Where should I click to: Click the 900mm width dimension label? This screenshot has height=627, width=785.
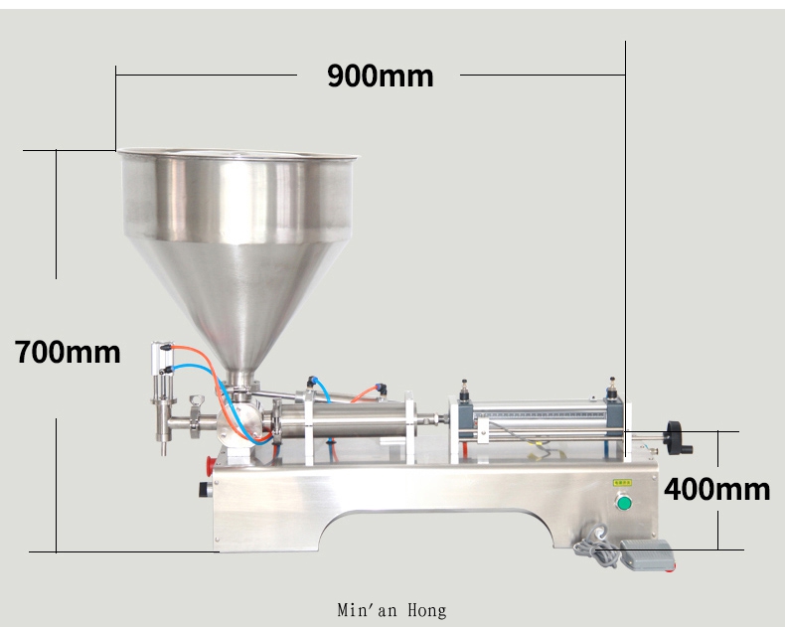click(380, 76)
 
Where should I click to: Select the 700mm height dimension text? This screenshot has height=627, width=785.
click(68, 352)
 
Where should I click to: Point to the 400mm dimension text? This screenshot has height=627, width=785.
click(717, 489)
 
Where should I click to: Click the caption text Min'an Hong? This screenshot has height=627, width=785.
click(392, 609)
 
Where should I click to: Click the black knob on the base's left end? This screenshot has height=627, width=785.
click(205, 489)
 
